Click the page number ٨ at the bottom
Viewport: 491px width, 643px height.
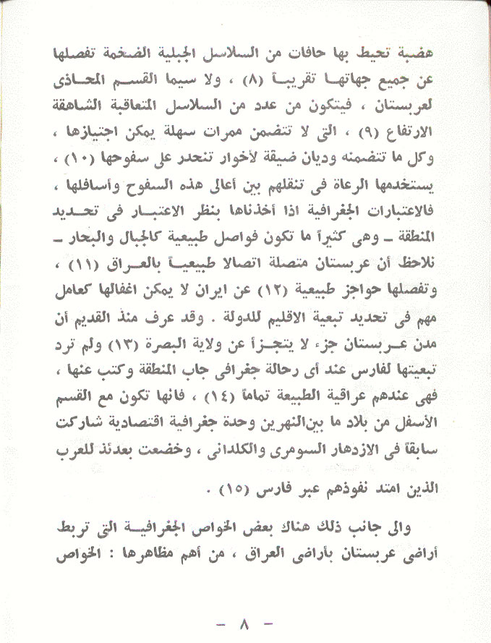pos(245,623)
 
